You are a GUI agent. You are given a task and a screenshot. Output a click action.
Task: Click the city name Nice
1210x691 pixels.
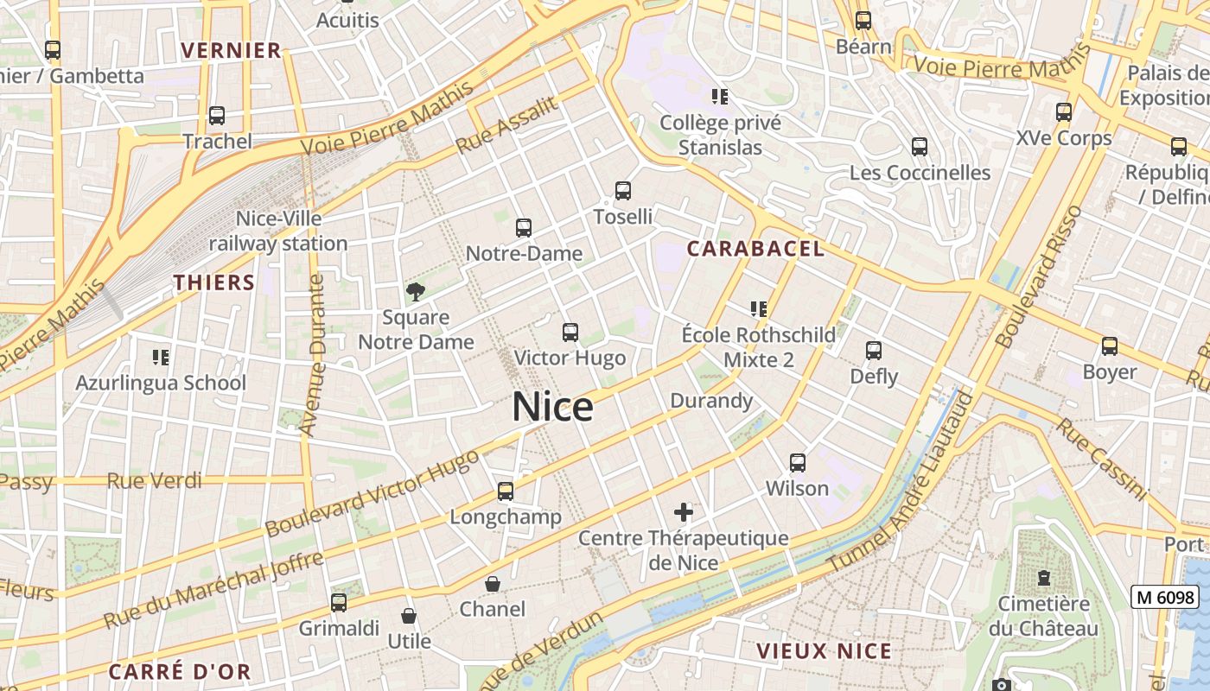click(x=552, y=407)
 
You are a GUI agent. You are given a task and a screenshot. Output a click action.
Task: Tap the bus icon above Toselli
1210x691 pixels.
click(x=622, y=191)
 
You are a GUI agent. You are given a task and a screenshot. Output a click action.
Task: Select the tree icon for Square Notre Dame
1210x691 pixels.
click(x=416, y=291)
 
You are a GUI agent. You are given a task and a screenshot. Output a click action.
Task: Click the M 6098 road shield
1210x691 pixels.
click(x=1166, y=597)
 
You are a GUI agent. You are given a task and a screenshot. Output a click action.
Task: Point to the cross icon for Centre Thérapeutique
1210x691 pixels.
click(x=684, y=512)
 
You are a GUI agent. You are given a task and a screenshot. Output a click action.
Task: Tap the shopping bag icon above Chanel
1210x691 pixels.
click(x=493, y=585)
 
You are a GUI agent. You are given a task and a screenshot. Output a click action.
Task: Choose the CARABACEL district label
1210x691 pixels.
click(x=755, y=250)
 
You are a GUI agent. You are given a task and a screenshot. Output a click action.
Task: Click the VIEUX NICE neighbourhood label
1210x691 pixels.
click(x=824, y=651)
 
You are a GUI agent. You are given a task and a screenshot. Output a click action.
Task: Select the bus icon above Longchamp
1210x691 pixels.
click(x=506, y=491)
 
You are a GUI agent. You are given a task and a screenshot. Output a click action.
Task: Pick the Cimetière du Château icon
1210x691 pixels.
click(x=1043, y=578)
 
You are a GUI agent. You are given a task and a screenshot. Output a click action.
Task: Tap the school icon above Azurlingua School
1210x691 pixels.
click(x=160, y=357)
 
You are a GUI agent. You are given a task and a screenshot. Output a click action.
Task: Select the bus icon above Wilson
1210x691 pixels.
click(x=798, y=463)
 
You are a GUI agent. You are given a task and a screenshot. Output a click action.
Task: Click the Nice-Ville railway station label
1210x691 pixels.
click(x=278, y=231)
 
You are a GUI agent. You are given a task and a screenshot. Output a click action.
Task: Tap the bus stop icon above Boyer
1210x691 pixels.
click(x=1109, y=346)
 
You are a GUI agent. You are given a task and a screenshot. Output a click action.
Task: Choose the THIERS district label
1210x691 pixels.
click(x=214, y=282)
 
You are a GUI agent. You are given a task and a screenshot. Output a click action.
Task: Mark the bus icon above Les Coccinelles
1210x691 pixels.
click(x=920, y=147)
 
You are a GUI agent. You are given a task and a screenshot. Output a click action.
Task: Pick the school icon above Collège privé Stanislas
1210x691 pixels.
click(x=720, y=96)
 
